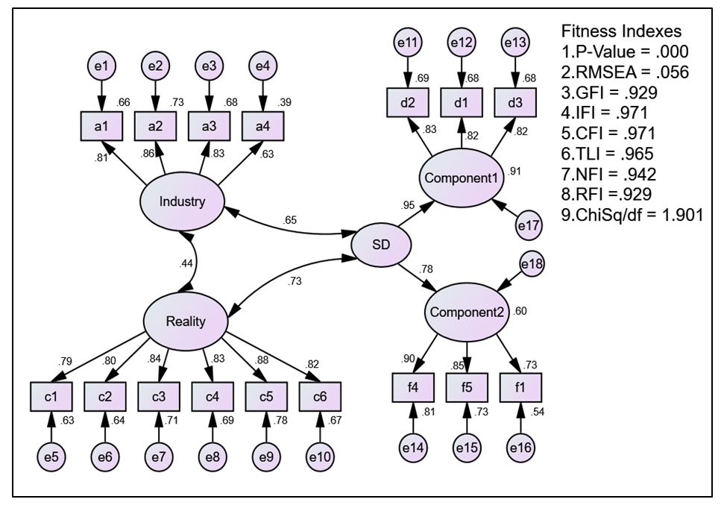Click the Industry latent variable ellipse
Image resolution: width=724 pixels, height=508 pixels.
(x=182, y=201)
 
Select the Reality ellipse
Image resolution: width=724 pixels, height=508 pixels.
(x=186, y=320)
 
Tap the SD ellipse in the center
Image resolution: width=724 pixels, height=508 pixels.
(x=382, y=245)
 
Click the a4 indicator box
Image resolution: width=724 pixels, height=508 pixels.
(x=262, y=126)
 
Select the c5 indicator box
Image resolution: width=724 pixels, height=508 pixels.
(x=265, y=395)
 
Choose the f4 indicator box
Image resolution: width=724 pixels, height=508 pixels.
(x=412, y=387)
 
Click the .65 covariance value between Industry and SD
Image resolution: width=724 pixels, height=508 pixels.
(x=290, y=219)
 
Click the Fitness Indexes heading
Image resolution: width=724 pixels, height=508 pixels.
(x=620, y=32)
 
